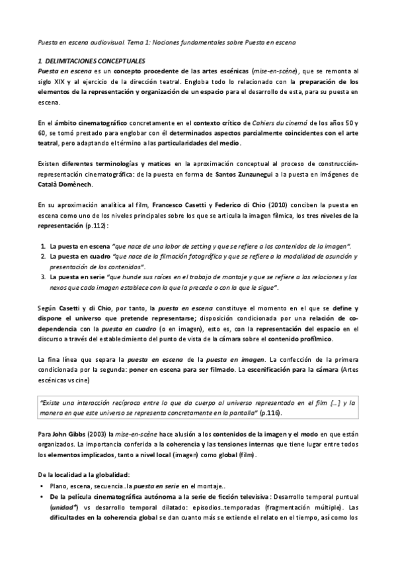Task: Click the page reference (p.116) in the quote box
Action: tap(268, 413)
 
